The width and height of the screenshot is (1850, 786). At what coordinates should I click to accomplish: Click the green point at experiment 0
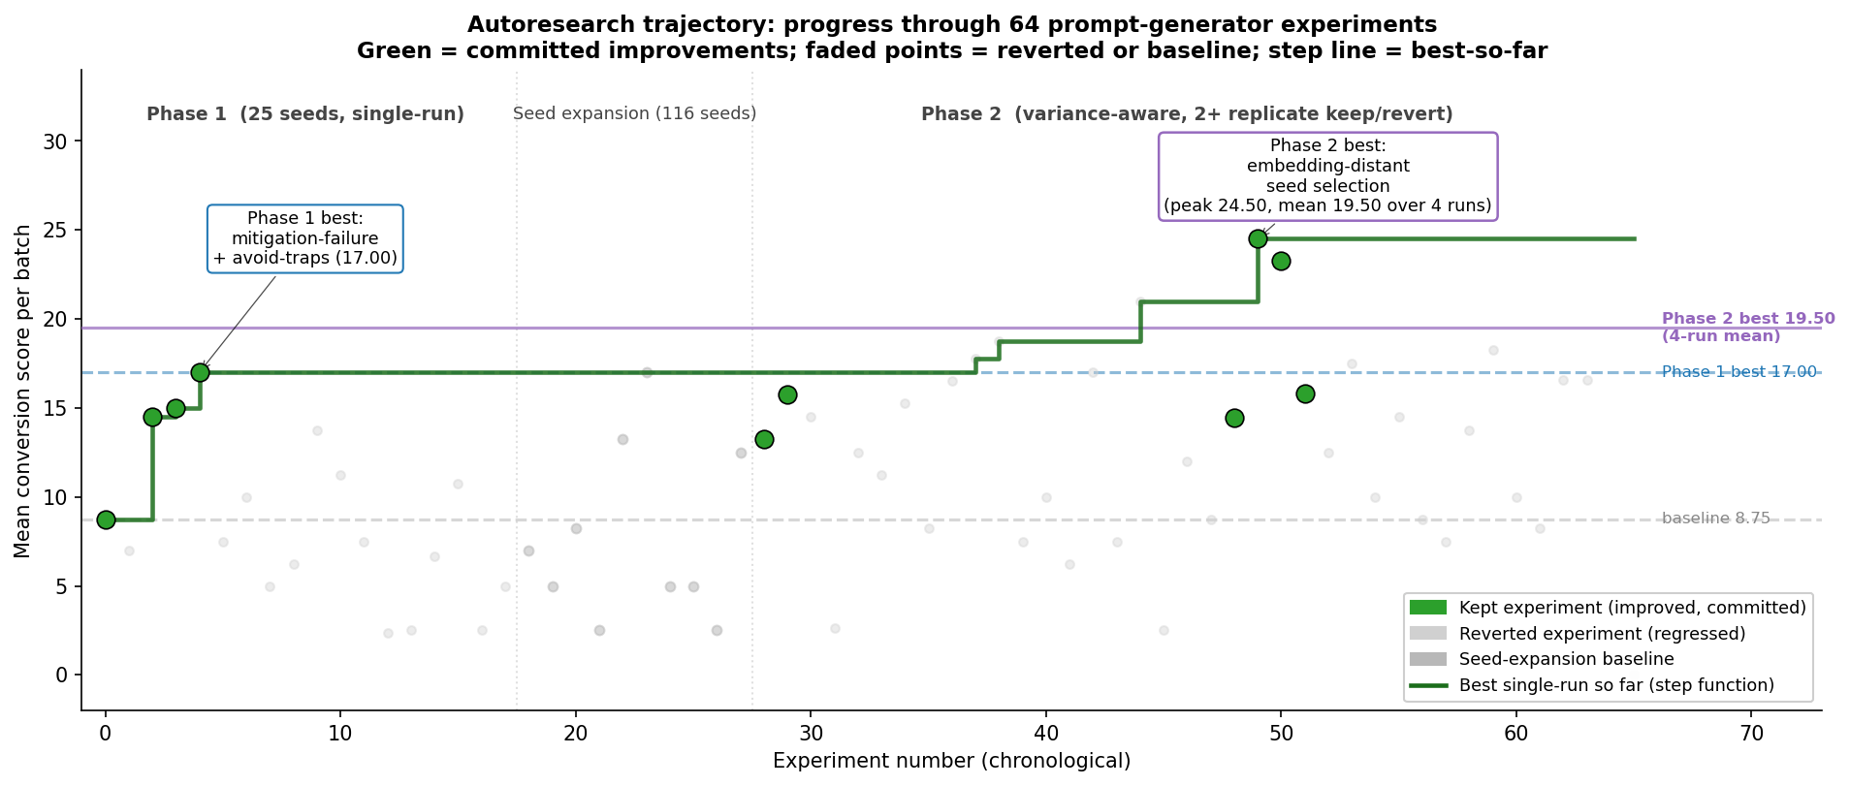pyautogui.click(x=106, y=519)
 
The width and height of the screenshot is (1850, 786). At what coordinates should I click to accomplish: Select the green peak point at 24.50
pyautogui.click(x=1258, y=238)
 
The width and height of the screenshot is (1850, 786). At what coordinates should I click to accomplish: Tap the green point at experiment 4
pyautogui.click(x=200, y=372)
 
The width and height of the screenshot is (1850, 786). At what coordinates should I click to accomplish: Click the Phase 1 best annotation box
pyautogui.click(x=305, y=238)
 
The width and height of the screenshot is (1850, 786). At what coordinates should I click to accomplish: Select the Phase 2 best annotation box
pyautogui.click(x=1327, y=176)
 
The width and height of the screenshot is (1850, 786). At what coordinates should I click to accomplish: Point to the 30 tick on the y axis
pyautogui.click(x=61, y=141)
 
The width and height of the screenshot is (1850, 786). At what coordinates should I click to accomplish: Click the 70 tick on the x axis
pyautogui.click(x=1750, y=735)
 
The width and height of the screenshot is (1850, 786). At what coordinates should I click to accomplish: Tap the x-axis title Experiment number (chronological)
pyautogui.click(x=951, y=761)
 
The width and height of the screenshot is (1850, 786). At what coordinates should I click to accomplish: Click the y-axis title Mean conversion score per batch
pyautogui.click(x=23, y=391)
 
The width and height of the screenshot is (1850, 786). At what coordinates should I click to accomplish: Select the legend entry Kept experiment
pyautogui.click(x=1631, y=608)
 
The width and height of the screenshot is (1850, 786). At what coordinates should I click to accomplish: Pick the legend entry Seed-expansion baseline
pyautogui.click(x=1565, y=659)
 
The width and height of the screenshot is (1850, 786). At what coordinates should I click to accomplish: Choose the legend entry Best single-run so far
pyautogui.click(x=1615, y=685)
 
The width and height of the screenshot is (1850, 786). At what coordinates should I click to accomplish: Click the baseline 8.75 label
pyautogui.click(x=1715, y=519)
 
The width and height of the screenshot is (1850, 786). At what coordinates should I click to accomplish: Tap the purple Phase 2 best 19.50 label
pyautogui.click(x=1747, y=327)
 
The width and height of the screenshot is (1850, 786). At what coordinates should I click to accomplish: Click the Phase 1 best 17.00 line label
pyautogui.click(x=1738, y=372)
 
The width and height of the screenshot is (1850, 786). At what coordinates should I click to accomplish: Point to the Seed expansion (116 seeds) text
pyautogui.click(x=634, y=113)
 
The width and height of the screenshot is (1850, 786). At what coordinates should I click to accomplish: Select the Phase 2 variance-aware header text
pyautogui.click(x=1186, y=114)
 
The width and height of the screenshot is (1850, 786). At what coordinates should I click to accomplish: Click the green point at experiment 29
pyautogui.click(x=787, y=394)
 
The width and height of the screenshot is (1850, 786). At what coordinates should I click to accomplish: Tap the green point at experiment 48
pyautogui.click(x=1234, y=418)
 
